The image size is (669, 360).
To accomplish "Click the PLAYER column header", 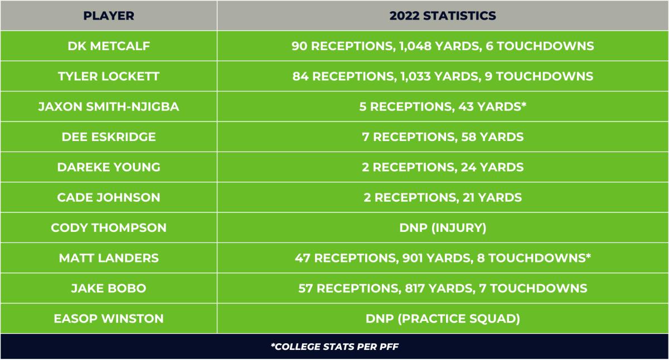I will [x=109, y=16].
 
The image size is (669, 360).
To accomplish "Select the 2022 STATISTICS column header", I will [x=443, y=16].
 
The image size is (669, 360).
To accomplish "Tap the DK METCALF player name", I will [x=109, y=46].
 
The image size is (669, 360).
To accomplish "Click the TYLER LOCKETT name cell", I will [x=109, y=76].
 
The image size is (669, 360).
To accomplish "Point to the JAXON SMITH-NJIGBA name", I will [x=109, y=106].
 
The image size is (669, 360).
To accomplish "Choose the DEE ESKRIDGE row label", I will [x=109, y=137].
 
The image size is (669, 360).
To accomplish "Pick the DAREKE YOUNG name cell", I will [x=109, y=167].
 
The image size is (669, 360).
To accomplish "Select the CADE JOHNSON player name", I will [x=109, y=197].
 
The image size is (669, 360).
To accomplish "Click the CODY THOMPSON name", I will [x=109, y=227].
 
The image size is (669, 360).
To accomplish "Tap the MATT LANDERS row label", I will [x=109, y=257].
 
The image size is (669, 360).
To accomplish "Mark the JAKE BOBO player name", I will [x=109, y=288].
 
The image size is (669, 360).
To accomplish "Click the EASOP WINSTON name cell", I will [x=109, y=318].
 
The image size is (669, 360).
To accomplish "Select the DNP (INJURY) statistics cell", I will [x=443, y=227].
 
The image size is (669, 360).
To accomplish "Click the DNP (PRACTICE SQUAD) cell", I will [x=443, y=318].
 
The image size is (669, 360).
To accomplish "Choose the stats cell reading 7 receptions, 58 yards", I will [x=443, y=137].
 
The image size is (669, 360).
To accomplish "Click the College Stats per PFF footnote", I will [x=334, y=347].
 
